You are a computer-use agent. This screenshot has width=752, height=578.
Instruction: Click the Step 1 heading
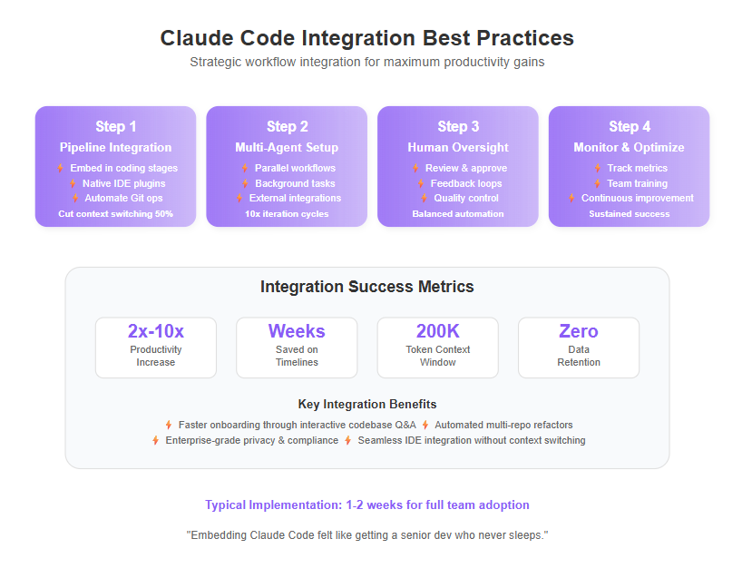[x=115, y=127]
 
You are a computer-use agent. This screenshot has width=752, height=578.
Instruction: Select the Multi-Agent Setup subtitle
[x=287, y=147]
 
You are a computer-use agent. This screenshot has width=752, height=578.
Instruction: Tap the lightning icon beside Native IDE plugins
[x=73, y=183]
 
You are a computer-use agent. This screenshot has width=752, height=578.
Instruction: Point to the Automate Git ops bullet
[x=123, y=198]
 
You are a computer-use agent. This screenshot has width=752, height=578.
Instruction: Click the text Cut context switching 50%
[x=115, y=214]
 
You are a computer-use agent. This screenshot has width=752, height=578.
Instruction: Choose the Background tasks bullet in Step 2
[x=295, y=183]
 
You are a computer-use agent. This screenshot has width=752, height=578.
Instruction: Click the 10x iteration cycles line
[x=287, y=214]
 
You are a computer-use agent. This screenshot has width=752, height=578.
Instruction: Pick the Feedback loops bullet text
[x=466, y=183]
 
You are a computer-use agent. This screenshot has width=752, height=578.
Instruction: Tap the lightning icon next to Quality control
[x=424, y=198]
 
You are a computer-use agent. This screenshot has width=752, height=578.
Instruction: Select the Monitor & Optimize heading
[x=629, y=147]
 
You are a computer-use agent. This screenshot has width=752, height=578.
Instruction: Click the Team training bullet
[x=638, y=183]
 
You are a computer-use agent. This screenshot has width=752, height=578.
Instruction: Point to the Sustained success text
[x=630, y=214]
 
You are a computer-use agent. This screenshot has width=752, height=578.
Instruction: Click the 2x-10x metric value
[x=156, y=331]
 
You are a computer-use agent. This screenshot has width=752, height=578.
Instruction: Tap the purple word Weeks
[x=297, y=331]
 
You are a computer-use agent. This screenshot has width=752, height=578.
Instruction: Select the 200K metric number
[x=438, y=331]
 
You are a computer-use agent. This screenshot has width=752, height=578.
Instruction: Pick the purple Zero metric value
[x=579, y=331]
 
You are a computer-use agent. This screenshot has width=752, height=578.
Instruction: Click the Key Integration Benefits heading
[x=367, y=405]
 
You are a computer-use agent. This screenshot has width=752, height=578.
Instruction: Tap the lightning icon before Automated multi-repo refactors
[x=425, y=425]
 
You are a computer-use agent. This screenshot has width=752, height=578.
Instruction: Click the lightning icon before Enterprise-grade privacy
[x=156, y=440]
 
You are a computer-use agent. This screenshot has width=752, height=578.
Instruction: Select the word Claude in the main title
[x=197, y=38]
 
